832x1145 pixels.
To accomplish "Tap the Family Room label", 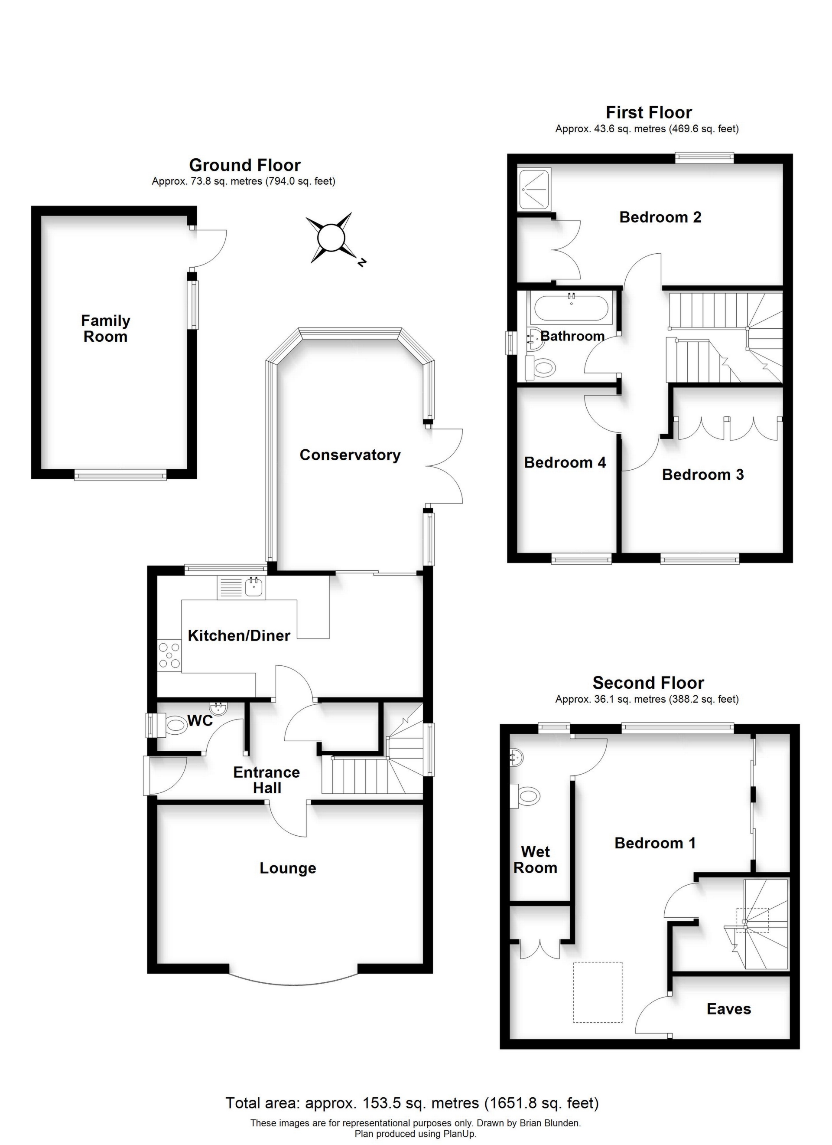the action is (x=105, y=329).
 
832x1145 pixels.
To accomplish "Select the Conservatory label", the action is (x=350, y=455).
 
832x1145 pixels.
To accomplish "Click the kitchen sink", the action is (x=242, y=588).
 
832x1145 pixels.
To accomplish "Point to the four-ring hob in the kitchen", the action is (x=169, y=655).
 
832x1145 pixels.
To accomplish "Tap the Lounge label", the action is (x=288, y=868).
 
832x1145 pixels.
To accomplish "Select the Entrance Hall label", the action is (x=267, y=780).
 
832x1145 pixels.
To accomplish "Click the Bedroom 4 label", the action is (x=565, y=462).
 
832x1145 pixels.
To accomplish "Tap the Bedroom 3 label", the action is (x=703, y=474).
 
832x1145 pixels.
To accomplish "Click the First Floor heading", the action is (x=649, y=112).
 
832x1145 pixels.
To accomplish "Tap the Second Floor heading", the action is (x=648, y=683).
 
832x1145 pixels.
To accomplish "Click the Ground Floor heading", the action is (x=245, y=165).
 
